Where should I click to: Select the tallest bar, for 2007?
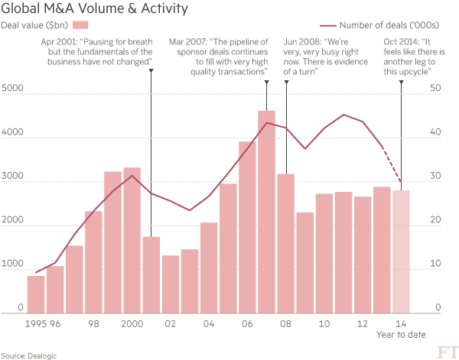point(266,210)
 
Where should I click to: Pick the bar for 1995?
point(36,294)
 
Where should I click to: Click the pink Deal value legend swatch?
point(76,27)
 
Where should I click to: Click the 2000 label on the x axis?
point(132,323)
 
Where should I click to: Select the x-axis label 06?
point(247,323)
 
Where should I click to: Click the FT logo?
point(444,351)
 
